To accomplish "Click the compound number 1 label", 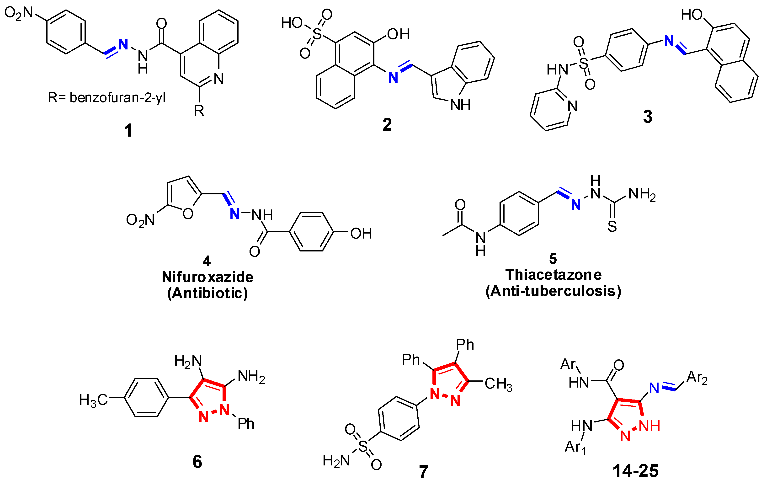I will point(128,130).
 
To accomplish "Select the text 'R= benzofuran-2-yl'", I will point(106,98).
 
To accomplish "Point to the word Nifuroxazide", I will point(207,277).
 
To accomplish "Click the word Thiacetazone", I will point(553,275).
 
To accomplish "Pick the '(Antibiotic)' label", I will point(207,293).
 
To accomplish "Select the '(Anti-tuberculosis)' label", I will point(553,291).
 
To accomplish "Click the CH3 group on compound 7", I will point(498,384).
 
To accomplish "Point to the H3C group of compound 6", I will point(93,400).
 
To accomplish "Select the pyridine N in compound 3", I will point(572,106).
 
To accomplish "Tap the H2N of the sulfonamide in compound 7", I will point(336,461).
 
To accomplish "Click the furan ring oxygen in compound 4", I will point(188,214).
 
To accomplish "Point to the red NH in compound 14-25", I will point(649,426).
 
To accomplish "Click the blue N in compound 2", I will point(393,77).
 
